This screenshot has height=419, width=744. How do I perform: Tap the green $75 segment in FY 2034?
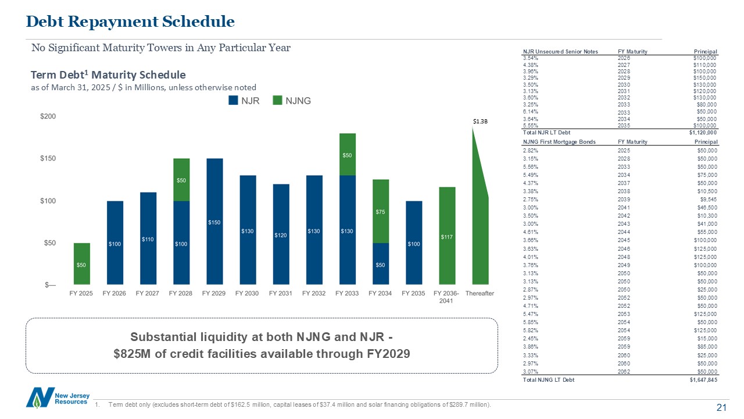pos(381,211)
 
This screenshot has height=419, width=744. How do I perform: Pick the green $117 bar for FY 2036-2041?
pos(447,236)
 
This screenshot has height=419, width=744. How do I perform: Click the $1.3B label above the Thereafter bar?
pos(480,122)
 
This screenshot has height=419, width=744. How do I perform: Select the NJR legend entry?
pos(244,101)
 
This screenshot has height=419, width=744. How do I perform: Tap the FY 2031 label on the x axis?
pos(280,293)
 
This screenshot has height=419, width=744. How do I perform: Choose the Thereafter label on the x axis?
pos(480,293)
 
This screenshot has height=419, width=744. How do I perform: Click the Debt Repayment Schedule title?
pos(130,22)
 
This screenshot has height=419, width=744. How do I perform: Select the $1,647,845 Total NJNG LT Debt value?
pos(702,379)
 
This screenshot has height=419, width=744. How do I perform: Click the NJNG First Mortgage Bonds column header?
pos(559,142)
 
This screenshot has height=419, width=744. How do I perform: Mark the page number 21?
pos(721,408)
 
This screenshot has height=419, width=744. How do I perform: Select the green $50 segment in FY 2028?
pos(181,180)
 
